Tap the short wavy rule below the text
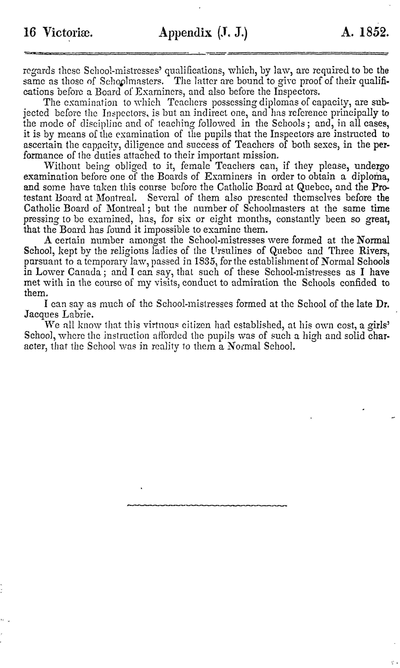click(x=207, y=505)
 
